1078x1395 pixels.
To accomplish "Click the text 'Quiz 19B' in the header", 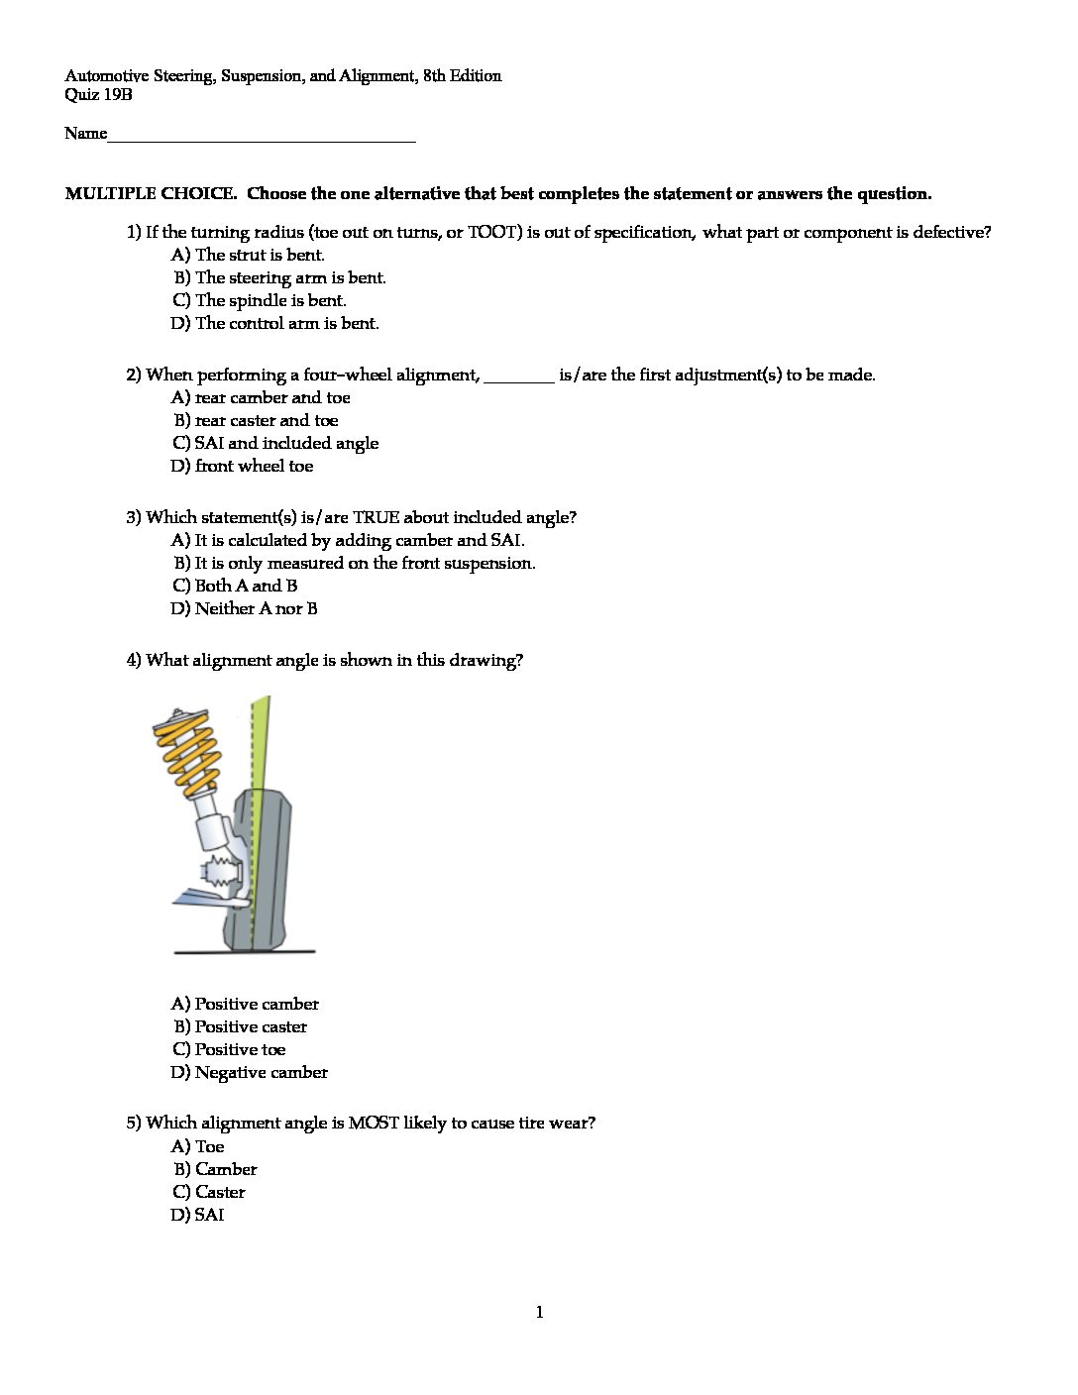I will (x=98, y=95).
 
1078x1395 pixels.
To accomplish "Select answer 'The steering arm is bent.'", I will (x=289, y=278).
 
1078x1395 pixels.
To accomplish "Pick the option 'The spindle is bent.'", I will (x=269, y=301).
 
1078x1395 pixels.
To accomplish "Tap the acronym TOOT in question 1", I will (x=491, y=233).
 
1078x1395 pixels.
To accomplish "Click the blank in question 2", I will (x=520, y=376).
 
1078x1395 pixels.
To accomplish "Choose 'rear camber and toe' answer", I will (x=271, y=398).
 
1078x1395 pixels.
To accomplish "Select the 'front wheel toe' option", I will (x=254, y=467).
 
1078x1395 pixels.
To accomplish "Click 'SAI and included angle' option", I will (x=285, y=444).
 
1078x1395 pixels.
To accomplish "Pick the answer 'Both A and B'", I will (x=245, y=587).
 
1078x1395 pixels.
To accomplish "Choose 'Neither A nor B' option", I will (x=256, y=609).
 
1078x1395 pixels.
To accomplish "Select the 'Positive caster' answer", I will (x=250, y=1027).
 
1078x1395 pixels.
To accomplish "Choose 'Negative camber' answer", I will (x=261, y=1073).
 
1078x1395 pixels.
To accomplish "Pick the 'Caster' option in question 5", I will (x=219, y=1193).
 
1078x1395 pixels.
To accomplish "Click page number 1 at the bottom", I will (x=539, y=1314).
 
